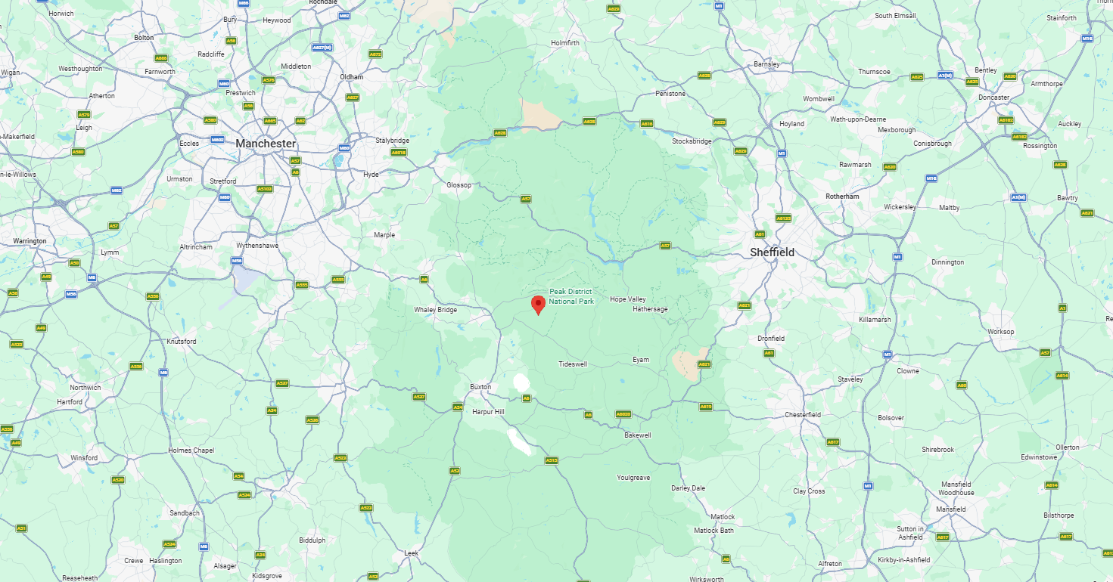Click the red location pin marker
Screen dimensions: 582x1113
coord(538,305)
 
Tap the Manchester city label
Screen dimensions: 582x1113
coord(265,143)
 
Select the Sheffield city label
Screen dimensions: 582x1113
coord(772,252)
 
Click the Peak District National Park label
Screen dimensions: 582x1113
coord(571,296)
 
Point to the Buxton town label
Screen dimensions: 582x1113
coord(480,387)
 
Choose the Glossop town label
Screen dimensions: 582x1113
coord(459,185)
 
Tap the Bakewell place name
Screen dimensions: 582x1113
coord(637,435)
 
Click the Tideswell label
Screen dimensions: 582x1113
coord(573,364)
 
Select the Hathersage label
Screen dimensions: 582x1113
coord(650,309)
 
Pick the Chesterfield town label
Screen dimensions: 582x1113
coord(803,415)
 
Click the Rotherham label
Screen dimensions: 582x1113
coord(842,197)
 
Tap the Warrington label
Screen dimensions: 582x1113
coord(30,241)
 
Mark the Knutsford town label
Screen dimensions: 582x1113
coord(181,342)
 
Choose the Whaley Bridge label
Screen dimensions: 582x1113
coord(435,310)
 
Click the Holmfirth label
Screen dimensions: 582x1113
coord(565,43)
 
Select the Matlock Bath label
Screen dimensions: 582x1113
coord(714,531)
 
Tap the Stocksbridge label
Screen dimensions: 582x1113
coord(692,141)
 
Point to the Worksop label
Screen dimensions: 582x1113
coord(1000,332)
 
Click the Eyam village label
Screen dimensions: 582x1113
coord(641,360)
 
